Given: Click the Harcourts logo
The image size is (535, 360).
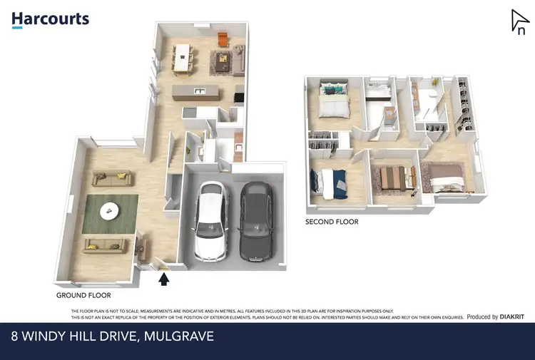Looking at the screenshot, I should pyautogui.click(x=50, y=19).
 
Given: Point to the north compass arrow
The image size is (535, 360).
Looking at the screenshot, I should pyautogui.click(x=519, y=21).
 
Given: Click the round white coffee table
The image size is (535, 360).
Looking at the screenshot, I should pyautogui.click(x=110, y=210).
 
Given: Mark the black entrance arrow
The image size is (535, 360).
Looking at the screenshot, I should pyautogui.click(x=164, y=279).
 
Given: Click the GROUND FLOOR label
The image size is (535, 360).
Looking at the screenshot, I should pyautogui.click(x=83, y=294).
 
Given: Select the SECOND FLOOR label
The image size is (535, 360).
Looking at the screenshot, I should pyautogui.click(x=332, y=222).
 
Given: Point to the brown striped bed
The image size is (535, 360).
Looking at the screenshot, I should pyautogui.click(x=394, y=178).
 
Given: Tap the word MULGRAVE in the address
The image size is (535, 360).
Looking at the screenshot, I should pyautogui.click(x=176, y=336).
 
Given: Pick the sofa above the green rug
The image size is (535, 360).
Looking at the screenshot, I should pyautogui.click(x=109, y=179).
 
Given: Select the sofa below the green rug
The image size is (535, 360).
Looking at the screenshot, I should pyautogui.click(x=104, y=246).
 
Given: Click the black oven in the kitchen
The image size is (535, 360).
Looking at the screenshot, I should pyautogui.click(x=238, y=96).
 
